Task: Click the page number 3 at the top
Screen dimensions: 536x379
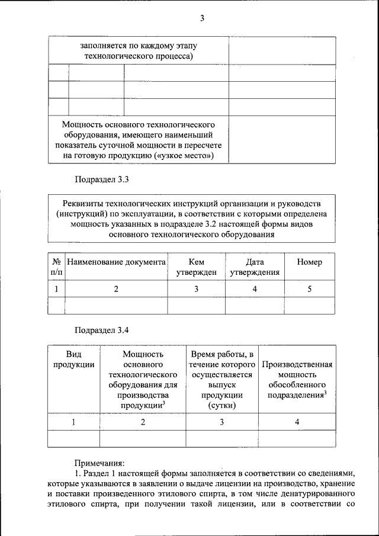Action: [x=202, y=18]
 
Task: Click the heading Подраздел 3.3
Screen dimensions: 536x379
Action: [x=101, y=179]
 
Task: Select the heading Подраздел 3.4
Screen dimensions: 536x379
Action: [x=101, y=329]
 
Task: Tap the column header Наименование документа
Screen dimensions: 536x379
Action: [x=116, y=262]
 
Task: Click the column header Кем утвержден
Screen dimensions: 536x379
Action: [x=196, y=267]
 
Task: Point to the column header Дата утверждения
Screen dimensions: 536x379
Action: [x=255, y=267]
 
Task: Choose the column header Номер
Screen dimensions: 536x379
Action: [x=309, y=262]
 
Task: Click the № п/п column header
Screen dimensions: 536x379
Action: [x=57, y=267]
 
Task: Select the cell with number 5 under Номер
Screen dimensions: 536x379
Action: [x=309, y=289]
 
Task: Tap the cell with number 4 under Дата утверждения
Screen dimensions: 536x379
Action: [x=255, y=289]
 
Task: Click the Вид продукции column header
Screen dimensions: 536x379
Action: [x=73, y=360]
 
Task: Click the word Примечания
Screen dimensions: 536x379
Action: [x=99, y=462]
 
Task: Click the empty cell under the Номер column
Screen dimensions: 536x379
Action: [x=309, y=305]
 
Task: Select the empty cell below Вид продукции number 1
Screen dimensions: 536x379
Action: [x=73, y=438]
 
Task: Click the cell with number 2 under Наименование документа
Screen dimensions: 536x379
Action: [x=116, y=289]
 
